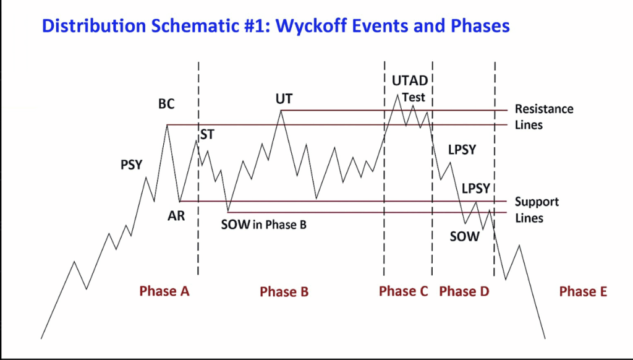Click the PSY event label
point(132,165)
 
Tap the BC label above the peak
point(166,105)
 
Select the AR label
point(176,216)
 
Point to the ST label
point(208,135)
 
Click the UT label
point(284,99)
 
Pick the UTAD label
point(410,81)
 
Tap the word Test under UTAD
point(414,97)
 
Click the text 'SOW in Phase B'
point(263,225)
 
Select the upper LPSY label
point(462,150)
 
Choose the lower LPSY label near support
point(476,188)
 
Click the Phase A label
point(164,291)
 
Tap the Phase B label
point(284,291)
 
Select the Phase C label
point(403,291)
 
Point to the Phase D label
point(464,291)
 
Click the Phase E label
point(583,291)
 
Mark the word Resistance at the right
point(544,109)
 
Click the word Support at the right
point(537,202)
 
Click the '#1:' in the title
point(257,26)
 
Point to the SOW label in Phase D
point(465,236)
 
